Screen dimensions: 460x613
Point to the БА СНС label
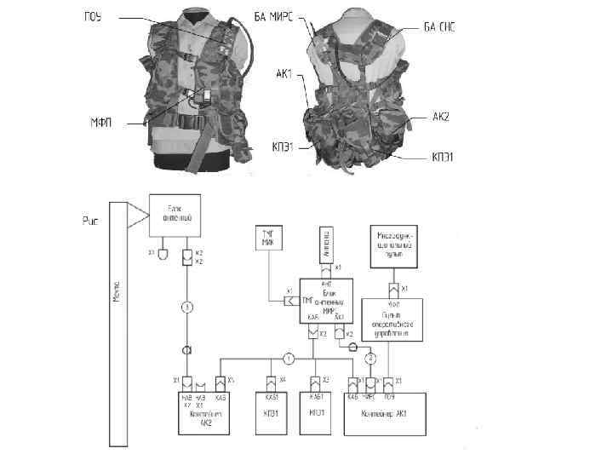click(440, 27)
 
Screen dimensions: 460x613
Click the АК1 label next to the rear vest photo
click(284, 74)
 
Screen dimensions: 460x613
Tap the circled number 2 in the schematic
click(370, 358)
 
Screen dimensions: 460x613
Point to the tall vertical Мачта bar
click(118, 324)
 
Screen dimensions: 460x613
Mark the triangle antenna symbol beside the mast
click(135, 217)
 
